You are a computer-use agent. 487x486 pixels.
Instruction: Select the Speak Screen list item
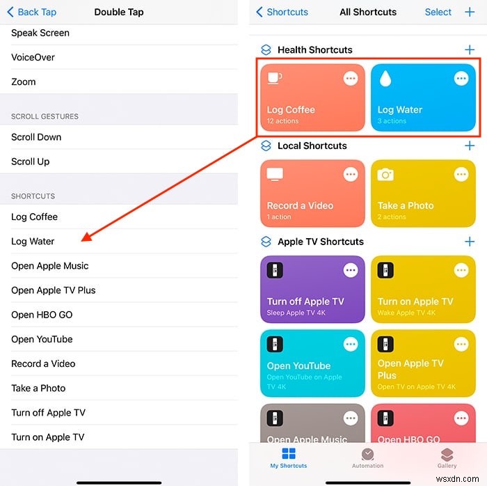[x=40, y=33]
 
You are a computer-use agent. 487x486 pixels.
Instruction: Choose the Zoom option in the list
[x=24, y=81]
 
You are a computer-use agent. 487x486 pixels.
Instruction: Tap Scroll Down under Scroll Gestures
[x=36, y=137]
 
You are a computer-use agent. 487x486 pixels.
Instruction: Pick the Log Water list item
[x=33, y=242]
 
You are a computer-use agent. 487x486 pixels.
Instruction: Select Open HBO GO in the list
[x=42, y=315]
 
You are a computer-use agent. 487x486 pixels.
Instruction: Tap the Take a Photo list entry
[x=38, y=388]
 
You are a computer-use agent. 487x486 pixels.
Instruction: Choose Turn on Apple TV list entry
[x=47, y=437]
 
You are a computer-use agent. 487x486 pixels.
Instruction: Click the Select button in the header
[x=438, y=12]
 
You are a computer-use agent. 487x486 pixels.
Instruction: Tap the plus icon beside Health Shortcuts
[x=470, y=50]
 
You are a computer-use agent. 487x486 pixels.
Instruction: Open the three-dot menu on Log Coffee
[x=351, y=79]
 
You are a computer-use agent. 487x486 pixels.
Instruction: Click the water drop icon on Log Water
[x=384, y=79]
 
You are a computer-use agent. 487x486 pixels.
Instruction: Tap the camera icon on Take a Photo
[x=385, y=175]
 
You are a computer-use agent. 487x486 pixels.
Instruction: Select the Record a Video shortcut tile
[x=312, y=193]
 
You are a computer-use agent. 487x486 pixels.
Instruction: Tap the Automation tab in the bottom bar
[x=367, y=457]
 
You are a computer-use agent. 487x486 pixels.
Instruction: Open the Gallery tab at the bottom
[x=447, y=457]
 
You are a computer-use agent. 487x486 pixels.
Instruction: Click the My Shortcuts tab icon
[x=288, y=454]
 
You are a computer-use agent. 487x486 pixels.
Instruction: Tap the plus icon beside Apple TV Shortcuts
[x=470, y=242]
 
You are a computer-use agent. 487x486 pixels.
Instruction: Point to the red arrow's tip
[x=83, y=240]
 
